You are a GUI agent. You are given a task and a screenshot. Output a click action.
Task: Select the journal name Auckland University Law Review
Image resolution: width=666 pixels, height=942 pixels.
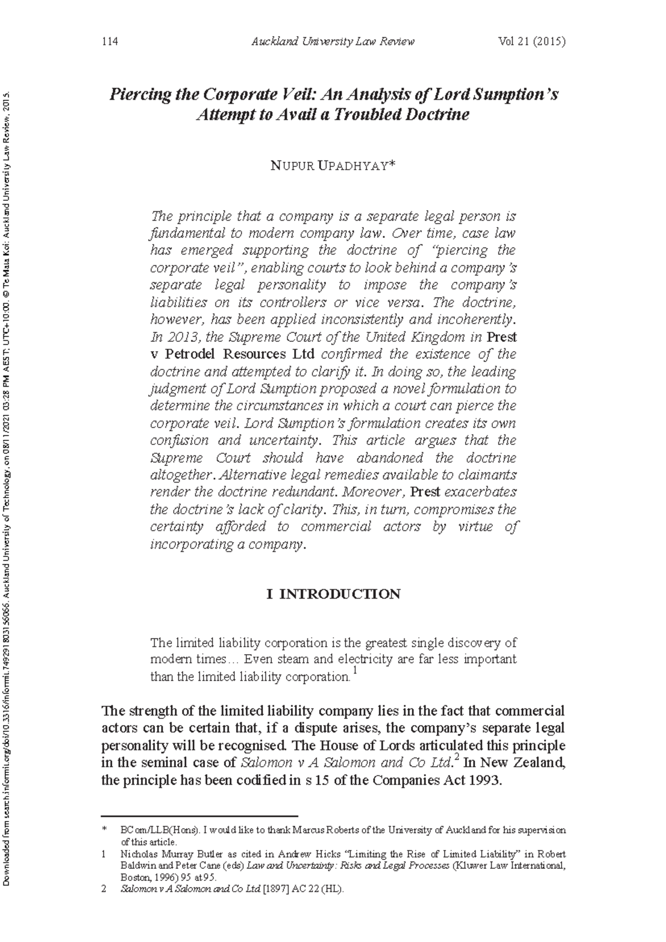[332, 42]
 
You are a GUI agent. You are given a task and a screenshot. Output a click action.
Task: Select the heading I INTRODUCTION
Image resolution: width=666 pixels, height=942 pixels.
[333, 594]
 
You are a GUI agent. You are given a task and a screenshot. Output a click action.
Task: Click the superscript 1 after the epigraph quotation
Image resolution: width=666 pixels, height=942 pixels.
[355, 672]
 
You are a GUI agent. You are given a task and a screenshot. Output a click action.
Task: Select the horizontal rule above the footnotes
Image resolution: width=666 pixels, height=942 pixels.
[200, 816]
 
